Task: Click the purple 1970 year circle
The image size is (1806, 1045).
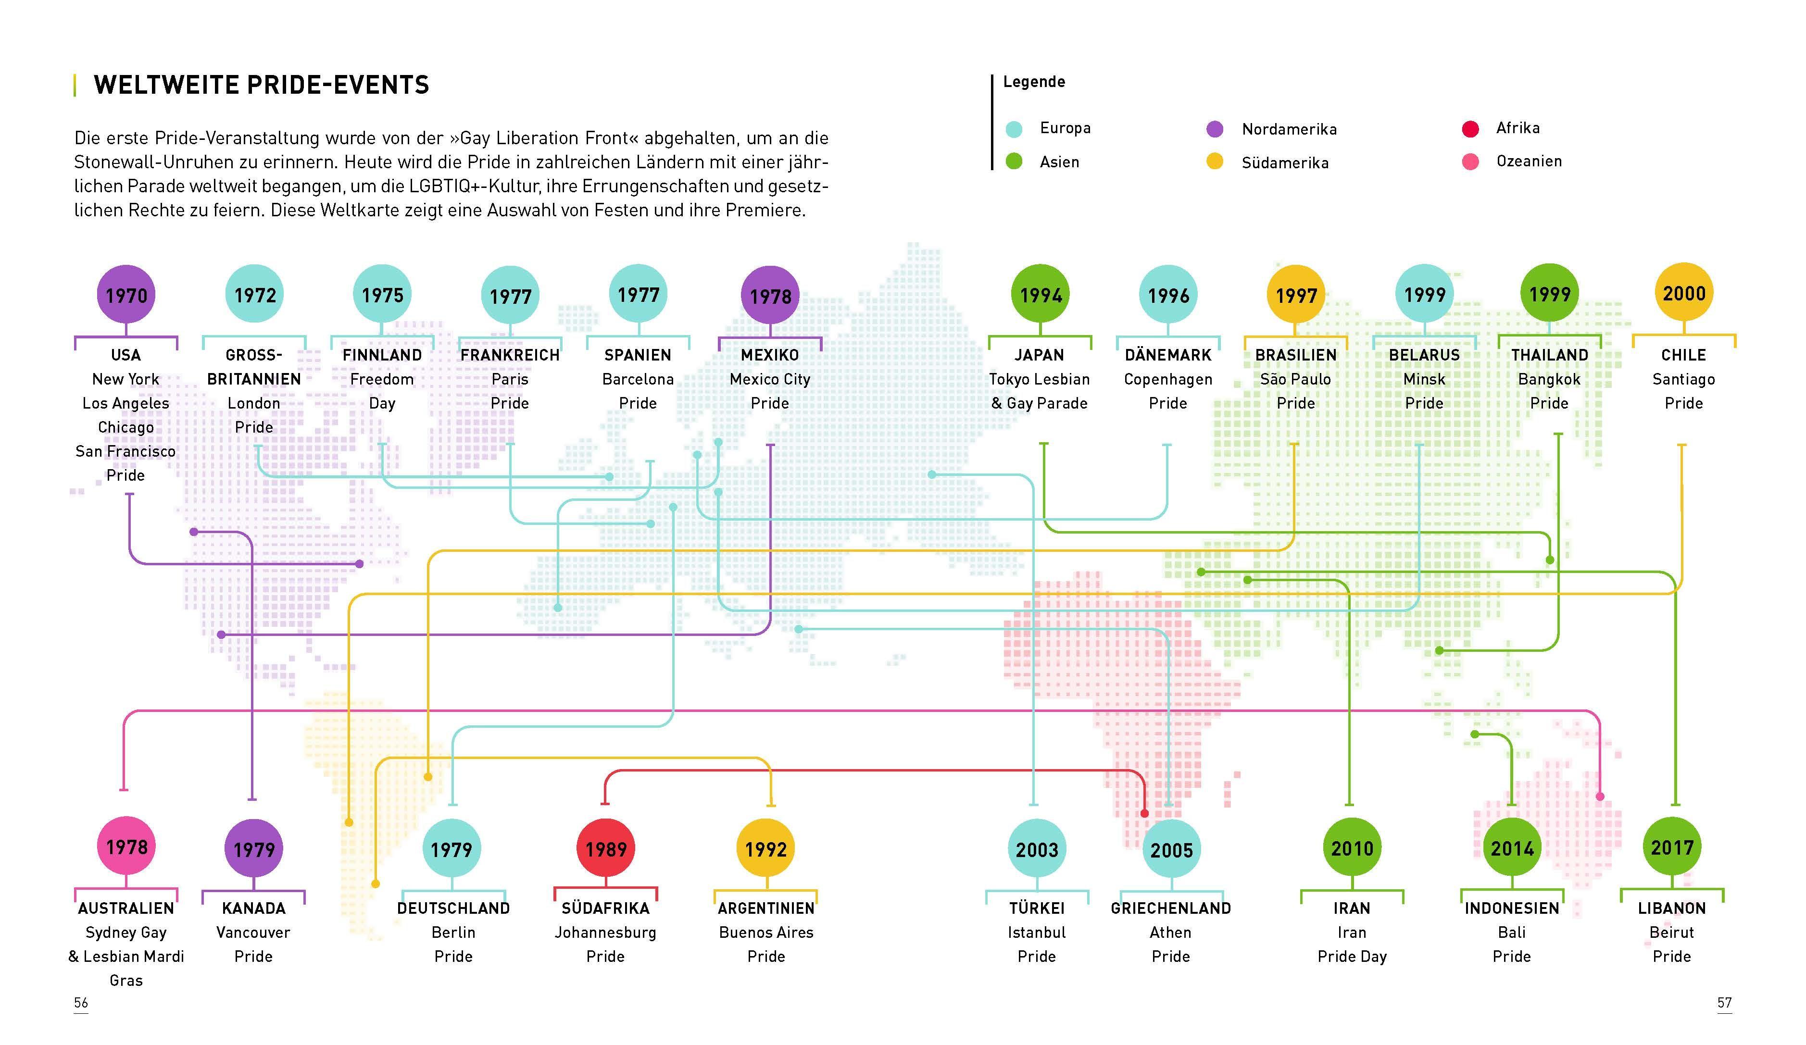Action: pyautogui.click(x=126, y=294)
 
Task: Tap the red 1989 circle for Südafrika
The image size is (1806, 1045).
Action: pyautogui.click(x=605, y=848)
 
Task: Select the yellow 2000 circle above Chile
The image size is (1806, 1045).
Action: pyautogui.click(x=1683, y=293)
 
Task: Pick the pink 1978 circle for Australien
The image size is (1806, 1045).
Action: pyautogui.click(x=126, y=846)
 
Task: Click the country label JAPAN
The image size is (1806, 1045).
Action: pyautogui.click(x=1039, y=355)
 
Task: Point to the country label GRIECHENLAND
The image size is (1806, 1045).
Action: pyautogui.click(x=1170, y=908)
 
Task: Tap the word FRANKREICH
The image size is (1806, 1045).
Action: pyautogui.click(x=510, y=355)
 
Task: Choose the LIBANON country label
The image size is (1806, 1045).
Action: pyautogui.click(x=1671, y=908)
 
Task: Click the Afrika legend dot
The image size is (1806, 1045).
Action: pyautogui.click(x=1470, y=129)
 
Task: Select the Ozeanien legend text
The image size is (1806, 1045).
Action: pyautogui.click(x=1529, y=161)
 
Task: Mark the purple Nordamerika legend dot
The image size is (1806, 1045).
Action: pyautogui.click(x=1214, y=129)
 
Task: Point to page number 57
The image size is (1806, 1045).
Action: pyautogui.click(x=1724, y=1002)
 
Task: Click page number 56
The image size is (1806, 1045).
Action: pyautogui.click(x=81, y=1002)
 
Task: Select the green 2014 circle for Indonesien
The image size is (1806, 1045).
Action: pyautogui.click(x=1511, y=848)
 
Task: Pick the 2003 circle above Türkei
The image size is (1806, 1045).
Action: pyautogui.click(x=1036, y=849)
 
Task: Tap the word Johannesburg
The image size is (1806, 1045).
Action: pyautogui.click(x=605, y=933)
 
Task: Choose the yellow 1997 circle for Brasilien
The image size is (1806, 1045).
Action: pyautogui.click(x=1296, y=294)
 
